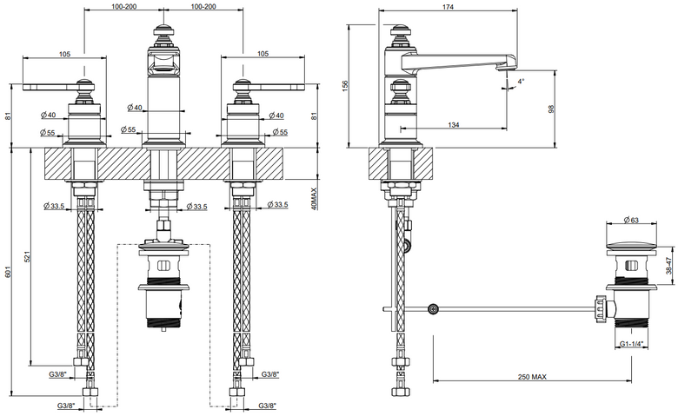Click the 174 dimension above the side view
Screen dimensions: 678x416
point(448,7)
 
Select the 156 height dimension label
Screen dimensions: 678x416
point(345,86)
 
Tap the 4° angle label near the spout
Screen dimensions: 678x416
point(521,81)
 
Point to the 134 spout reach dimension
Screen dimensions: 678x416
point(454,125)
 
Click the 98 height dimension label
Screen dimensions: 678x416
point(551,109)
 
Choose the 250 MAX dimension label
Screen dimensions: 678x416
point(532,377)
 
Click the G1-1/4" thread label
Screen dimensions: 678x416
point(631,344)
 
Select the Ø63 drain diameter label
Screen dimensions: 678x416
point(631,221)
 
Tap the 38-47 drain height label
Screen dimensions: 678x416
point(668,266)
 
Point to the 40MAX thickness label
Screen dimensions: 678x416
point(315,198)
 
